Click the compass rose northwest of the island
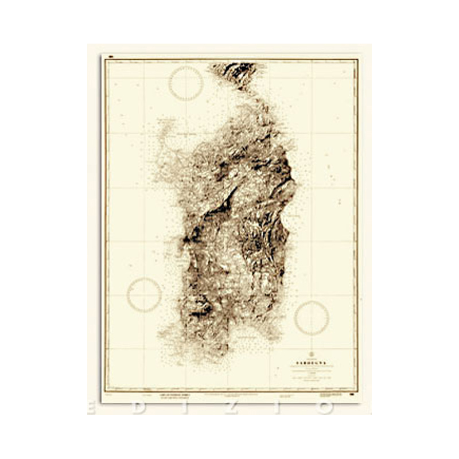click(x=186, y=83)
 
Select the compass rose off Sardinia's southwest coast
click(x=144, y=295)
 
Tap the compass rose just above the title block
click(x=312, y=317)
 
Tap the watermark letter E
click(x=92, y=408)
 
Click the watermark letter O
click(x=326, y=408)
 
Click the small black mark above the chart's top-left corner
click(x=110, y=56)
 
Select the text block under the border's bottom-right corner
click(x=329, y=396)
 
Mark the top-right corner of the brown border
click(x=357, y=59)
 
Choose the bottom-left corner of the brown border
click(x=104, y=390)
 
